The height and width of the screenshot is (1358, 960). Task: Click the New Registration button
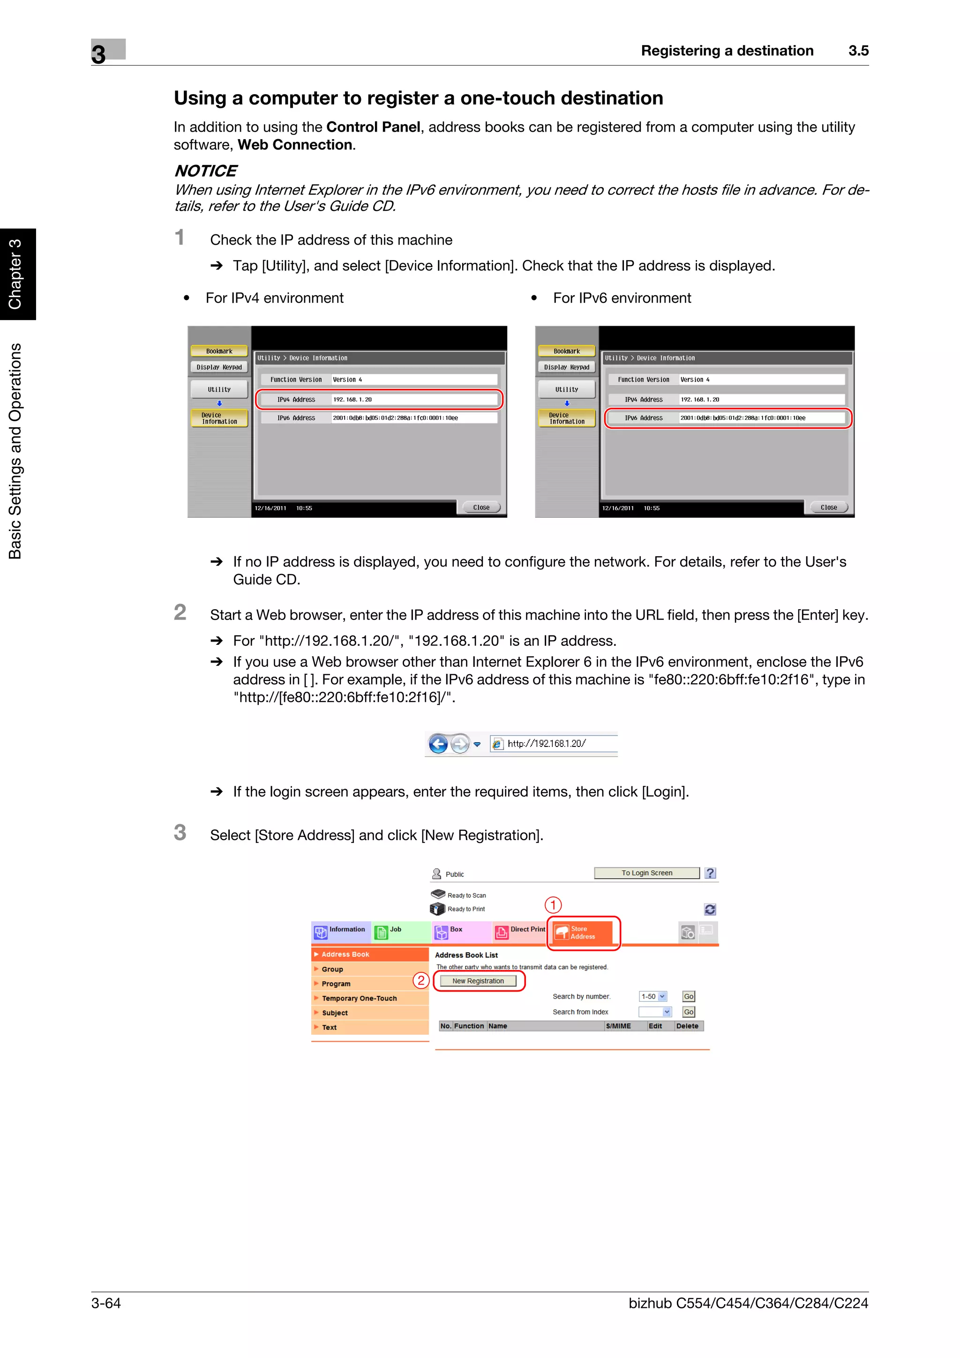478,981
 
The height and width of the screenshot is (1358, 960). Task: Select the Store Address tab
583,933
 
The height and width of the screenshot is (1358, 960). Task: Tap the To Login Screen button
646,873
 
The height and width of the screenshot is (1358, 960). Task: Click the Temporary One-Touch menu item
359,999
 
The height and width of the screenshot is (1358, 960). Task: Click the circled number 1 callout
553,905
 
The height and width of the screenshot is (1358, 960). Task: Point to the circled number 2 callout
420,981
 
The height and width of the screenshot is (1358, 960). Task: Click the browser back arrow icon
438,744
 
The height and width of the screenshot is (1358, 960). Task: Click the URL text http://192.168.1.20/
547,744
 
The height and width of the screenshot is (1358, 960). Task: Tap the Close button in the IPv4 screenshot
481,507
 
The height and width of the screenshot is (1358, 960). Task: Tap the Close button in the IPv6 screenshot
828,507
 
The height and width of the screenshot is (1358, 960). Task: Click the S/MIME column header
618,1026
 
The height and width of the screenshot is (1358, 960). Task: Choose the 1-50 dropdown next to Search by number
653,997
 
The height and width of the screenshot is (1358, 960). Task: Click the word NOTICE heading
205,171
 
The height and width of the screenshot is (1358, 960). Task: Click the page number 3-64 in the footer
106,1303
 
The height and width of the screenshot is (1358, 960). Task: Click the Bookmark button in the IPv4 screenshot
219,351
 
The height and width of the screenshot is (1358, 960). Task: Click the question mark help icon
710,873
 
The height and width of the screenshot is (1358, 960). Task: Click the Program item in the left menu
336,984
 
